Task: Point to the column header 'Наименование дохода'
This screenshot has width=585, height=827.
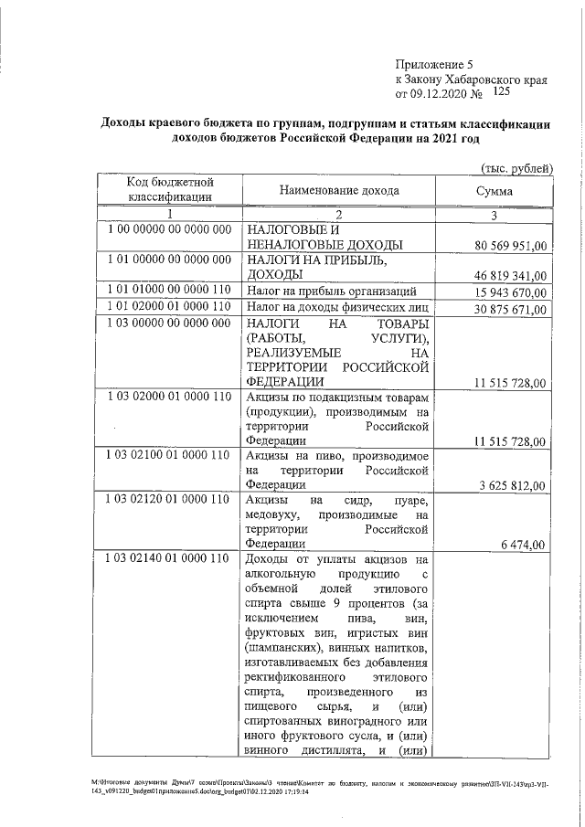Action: [x=339, y=191]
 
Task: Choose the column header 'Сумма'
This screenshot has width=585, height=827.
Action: [x=495, y=192]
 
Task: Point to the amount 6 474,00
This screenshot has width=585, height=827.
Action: [x=523, y=545]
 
